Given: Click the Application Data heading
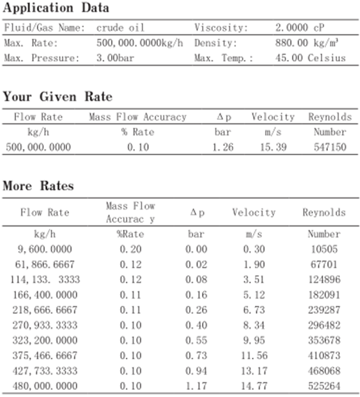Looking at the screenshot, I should pos(56,8).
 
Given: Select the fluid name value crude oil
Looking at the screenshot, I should pos(120,28).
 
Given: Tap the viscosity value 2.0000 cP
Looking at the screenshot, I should pos(300,28).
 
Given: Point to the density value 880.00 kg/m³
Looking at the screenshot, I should pos(305,43).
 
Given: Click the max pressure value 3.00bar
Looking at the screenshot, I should pos(112,59).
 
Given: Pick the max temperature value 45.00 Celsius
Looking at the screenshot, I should pos(310,59).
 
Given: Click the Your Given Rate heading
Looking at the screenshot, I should pos(57,97).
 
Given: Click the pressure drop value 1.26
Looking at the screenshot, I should pos(222,147).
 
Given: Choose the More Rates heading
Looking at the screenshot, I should pos(38,186).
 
